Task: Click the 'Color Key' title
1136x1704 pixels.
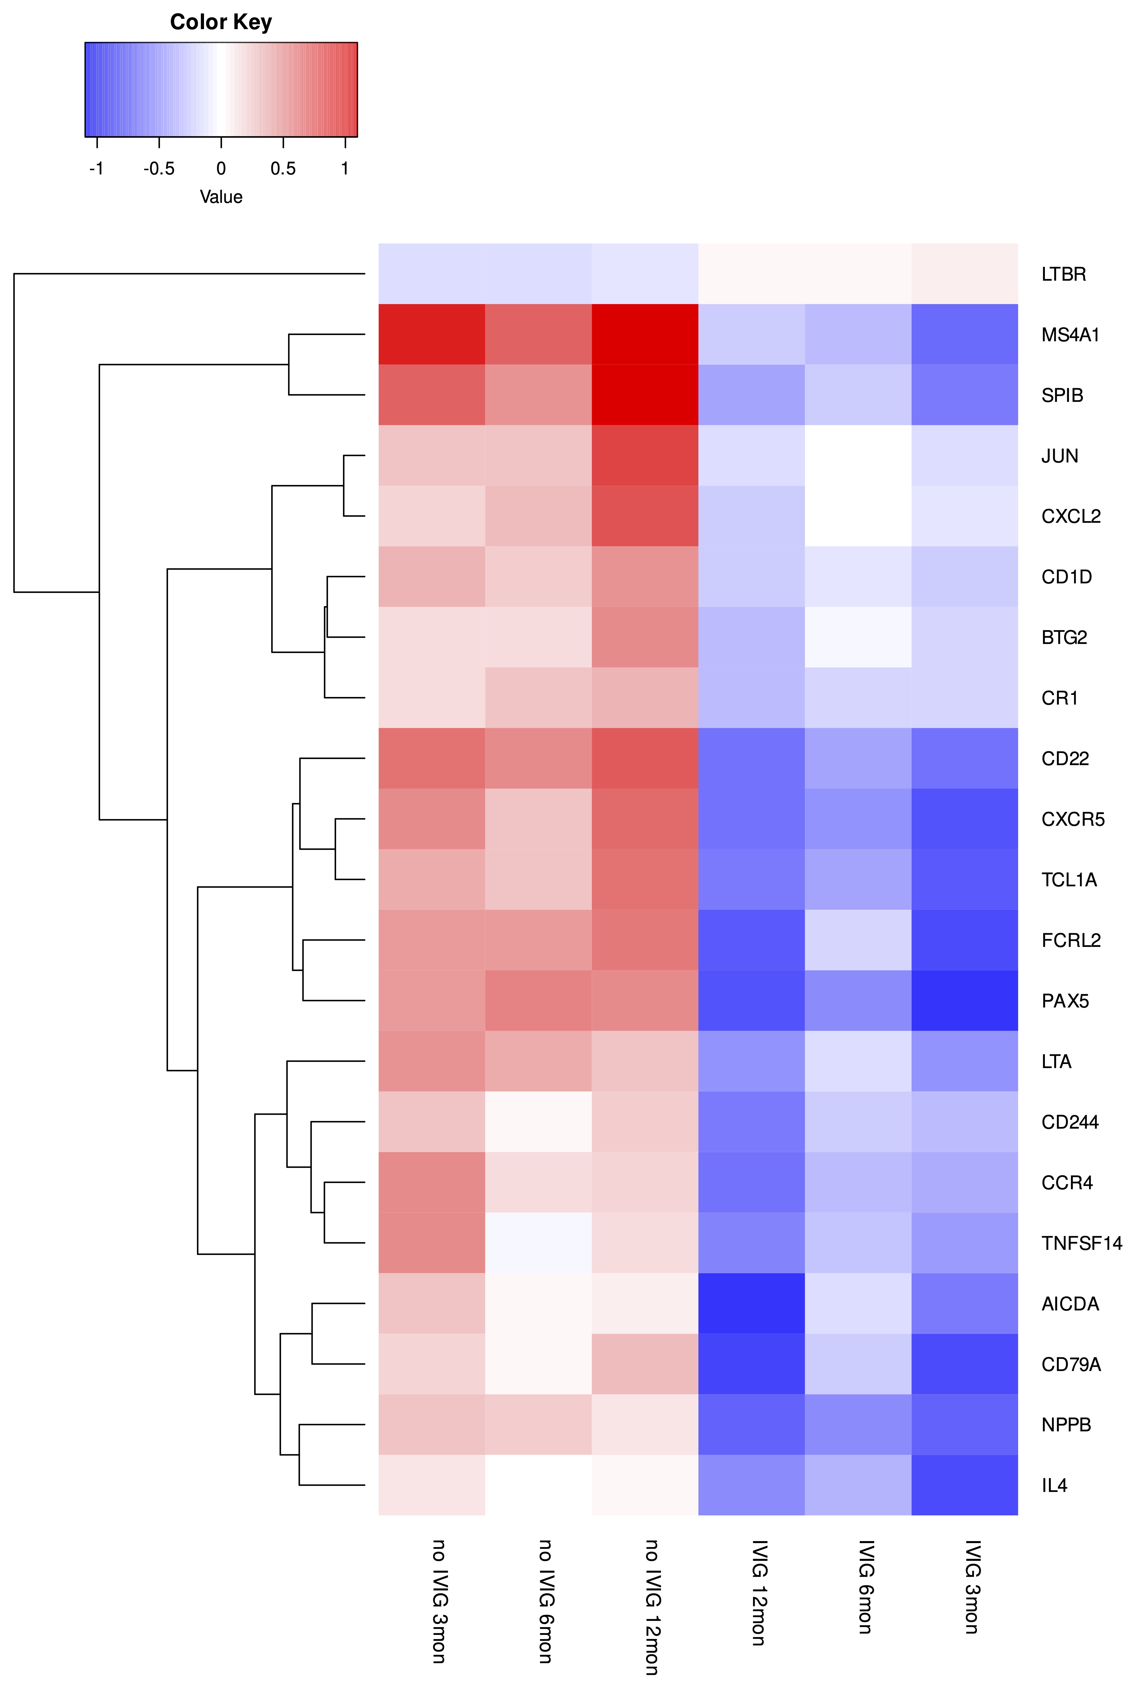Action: [x=221, y=22]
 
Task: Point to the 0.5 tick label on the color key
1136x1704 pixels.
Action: [x=283, y=169]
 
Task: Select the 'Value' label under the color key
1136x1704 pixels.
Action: [x=221, y=197]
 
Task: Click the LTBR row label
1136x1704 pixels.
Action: [x=1064, y=275]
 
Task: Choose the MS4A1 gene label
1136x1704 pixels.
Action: [x=1070, y=335]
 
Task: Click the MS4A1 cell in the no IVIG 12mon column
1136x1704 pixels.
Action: [x=645, y=335]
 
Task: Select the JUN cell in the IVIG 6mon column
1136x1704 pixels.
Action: [x=858, y=456]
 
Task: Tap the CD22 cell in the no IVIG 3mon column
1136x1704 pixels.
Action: [x=432, y=759]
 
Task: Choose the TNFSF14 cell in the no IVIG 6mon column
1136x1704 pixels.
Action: [x=538, y=1243]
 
